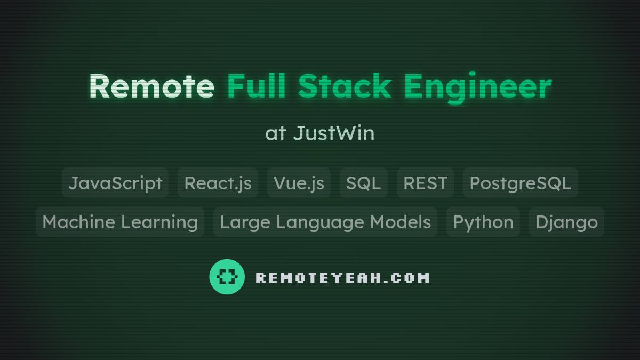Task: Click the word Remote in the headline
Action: point(151,86)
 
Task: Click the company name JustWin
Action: point(334,133)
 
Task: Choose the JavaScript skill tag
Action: point(115,183)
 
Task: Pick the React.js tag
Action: point(218,183)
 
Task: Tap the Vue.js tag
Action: point(299,183)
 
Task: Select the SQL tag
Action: point(363,183)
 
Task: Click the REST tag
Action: point(425,183)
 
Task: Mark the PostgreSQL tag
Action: point(520,183)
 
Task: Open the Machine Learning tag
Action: point(120,222)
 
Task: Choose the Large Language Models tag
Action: point(325,222)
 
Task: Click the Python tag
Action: point(483,222)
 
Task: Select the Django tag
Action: point(566,222)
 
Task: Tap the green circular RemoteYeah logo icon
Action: point(227,277)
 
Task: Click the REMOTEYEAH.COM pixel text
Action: point(342,278)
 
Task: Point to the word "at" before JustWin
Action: point(276,133)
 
